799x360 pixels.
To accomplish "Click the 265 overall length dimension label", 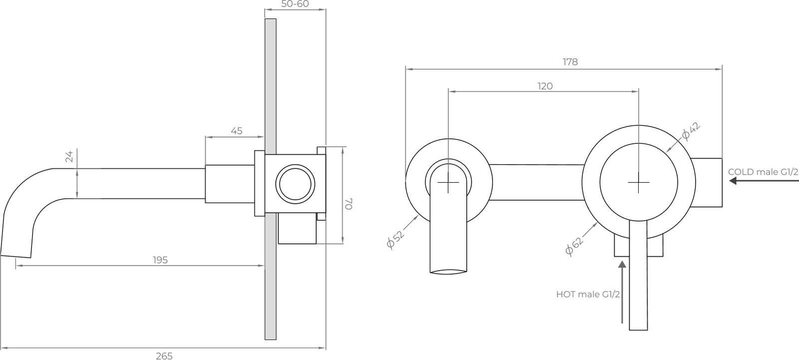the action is pos(164,356).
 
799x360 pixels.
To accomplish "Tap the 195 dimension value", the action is pos(160,260).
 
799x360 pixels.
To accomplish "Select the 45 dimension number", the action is pos(237,131).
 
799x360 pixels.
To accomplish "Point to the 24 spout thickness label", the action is pos(69,156).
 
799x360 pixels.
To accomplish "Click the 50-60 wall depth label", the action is pos(295,4).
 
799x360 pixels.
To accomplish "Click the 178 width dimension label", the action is pos(570,62).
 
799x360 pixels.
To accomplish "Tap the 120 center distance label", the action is pos(545,86).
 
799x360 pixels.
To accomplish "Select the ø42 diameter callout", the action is pos(691,131).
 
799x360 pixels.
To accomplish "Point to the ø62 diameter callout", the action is pos(574,246).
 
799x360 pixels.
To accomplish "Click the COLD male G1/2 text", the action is pos(763,172).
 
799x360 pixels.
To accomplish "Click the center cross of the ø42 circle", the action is pos(639,182).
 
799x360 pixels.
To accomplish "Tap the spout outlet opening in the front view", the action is pos(448,272).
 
